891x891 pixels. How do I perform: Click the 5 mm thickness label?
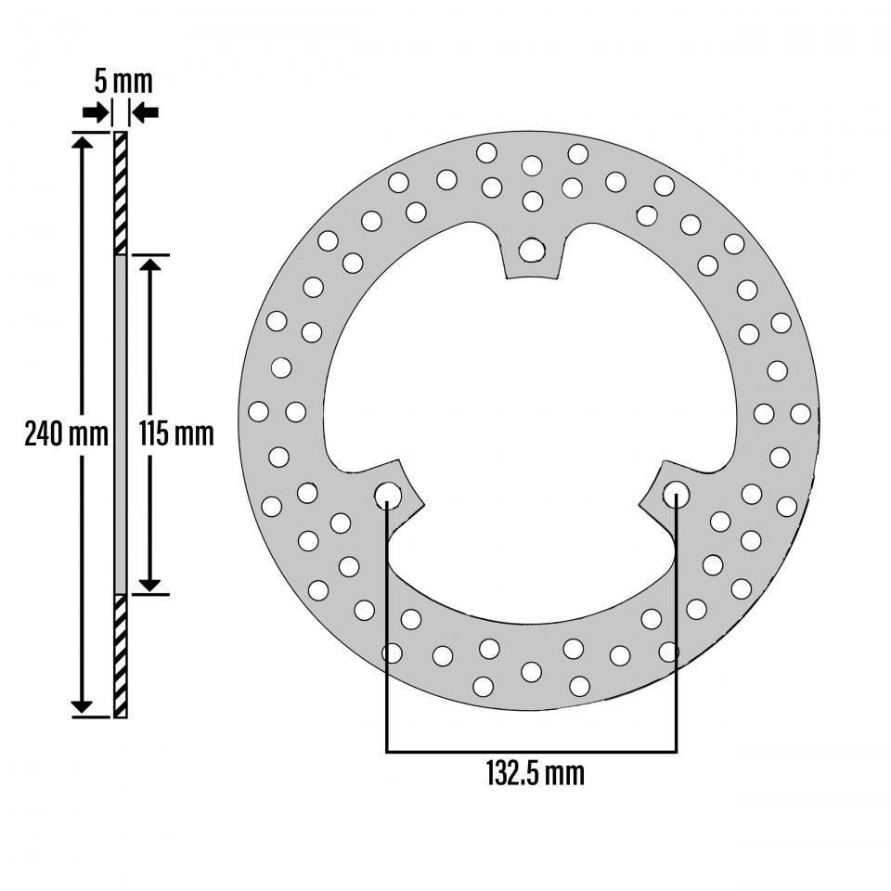(x=123, y=81)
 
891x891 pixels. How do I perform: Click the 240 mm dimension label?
(x=66, y=433)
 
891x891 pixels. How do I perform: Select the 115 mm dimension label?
(x=176, y=433)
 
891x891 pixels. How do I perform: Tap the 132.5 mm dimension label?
(x=536, y=772)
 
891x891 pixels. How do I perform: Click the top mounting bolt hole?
(x=532, y=249)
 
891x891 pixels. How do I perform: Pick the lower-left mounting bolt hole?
(x=388, y=495)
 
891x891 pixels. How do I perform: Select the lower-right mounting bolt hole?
(x=676, y=495)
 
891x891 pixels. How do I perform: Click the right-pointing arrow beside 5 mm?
(x=95, y=112)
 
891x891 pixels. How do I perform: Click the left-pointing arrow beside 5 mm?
(x=146, y=112)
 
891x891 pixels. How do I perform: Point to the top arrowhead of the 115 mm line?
(x=149, y=264)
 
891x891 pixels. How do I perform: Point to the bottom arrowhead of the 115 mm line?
(x=149, y=584)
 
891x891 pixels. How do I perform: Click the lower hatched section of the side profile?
(x=120, y=655)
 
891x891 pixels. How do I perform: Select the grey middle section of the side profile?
(x=120, y=424)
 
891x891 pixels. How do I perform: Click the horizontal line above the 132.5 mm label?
(x=531, y=750)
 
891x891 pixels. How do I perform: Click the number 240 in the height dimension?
(x=44, y=433)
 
